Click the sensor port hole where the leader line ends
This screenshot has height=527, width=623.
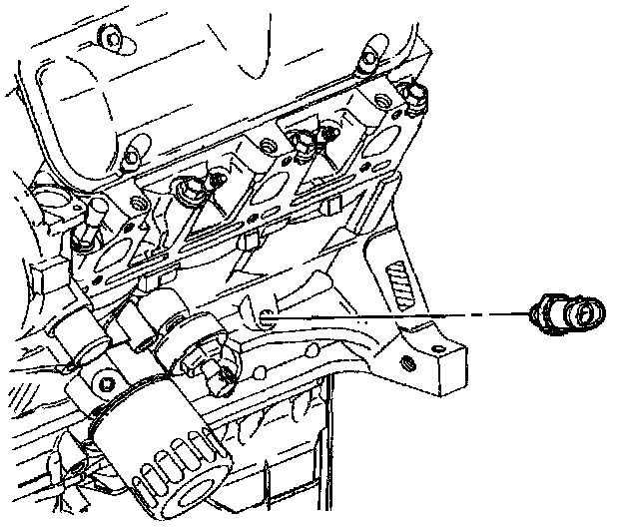[266, 318]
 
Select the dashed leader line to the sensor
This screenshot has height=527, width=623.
[399, 315]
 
